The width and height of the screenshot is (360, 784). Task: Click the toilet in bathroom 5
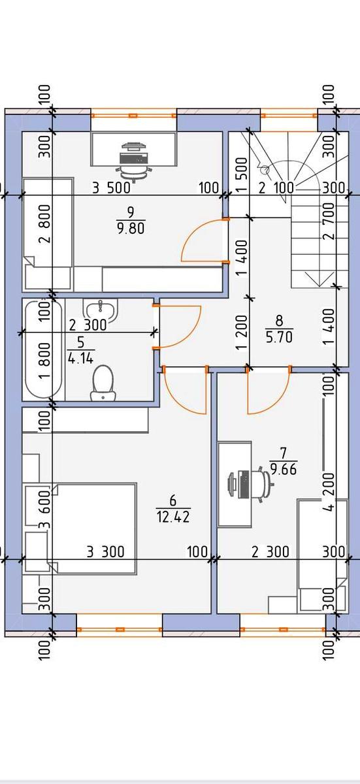(103, 384)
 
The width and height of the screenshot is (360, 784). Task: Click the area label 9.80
(131, 229)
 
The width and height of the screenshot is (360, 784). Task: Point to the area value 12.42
(173, 517)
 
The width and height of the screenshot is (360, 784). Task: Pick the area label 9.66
(284, 468)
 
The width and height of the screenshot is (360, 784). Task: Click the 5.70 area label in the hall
(279, 337)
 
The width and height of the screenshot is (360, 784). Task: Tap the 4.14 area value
(81, 359)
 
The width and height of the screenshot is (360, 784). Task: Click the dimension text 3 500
(111, 188)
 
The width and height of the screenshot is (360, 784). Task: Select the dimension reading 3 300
(105, 552)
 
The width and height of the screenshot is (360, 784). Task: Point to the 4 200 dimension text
(329, 493)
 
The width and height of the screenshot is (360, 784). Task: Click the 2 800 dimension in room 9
(46, 223)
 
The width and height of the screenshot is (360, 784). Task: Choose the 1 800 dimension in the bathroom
(46, 361)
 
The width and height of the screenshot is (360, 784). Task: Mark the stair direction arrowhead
(319, 280)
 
